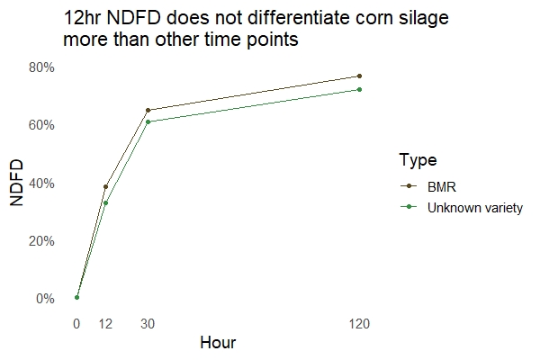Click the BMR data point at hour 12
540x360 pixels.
click(105, 187)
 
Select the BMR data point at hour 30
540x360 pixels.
click(148, 111)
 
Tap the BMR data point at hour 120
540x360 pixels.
click(359, 76)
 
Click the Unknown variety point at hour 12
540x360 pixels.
click(105, 203)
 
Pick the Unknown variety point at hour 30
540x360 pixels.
click(148, 121)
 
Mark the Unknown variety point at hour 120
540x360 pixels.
click(359, 89)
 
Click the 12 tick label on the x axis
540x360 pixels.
click(105, 324)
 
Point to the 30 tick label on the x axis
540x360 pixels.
click(148, 324)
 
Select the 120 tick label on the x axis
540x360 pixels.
click(359, 324)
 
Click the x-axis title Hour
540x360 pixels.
click(218, 343)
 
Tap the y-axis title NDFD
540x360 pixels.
click(17, 183)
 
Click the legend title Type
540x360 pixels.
click(418, 161)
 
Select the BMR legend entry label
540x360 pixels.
click(442, 186)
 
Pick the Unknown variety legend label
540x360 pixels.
click(475, 207)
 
